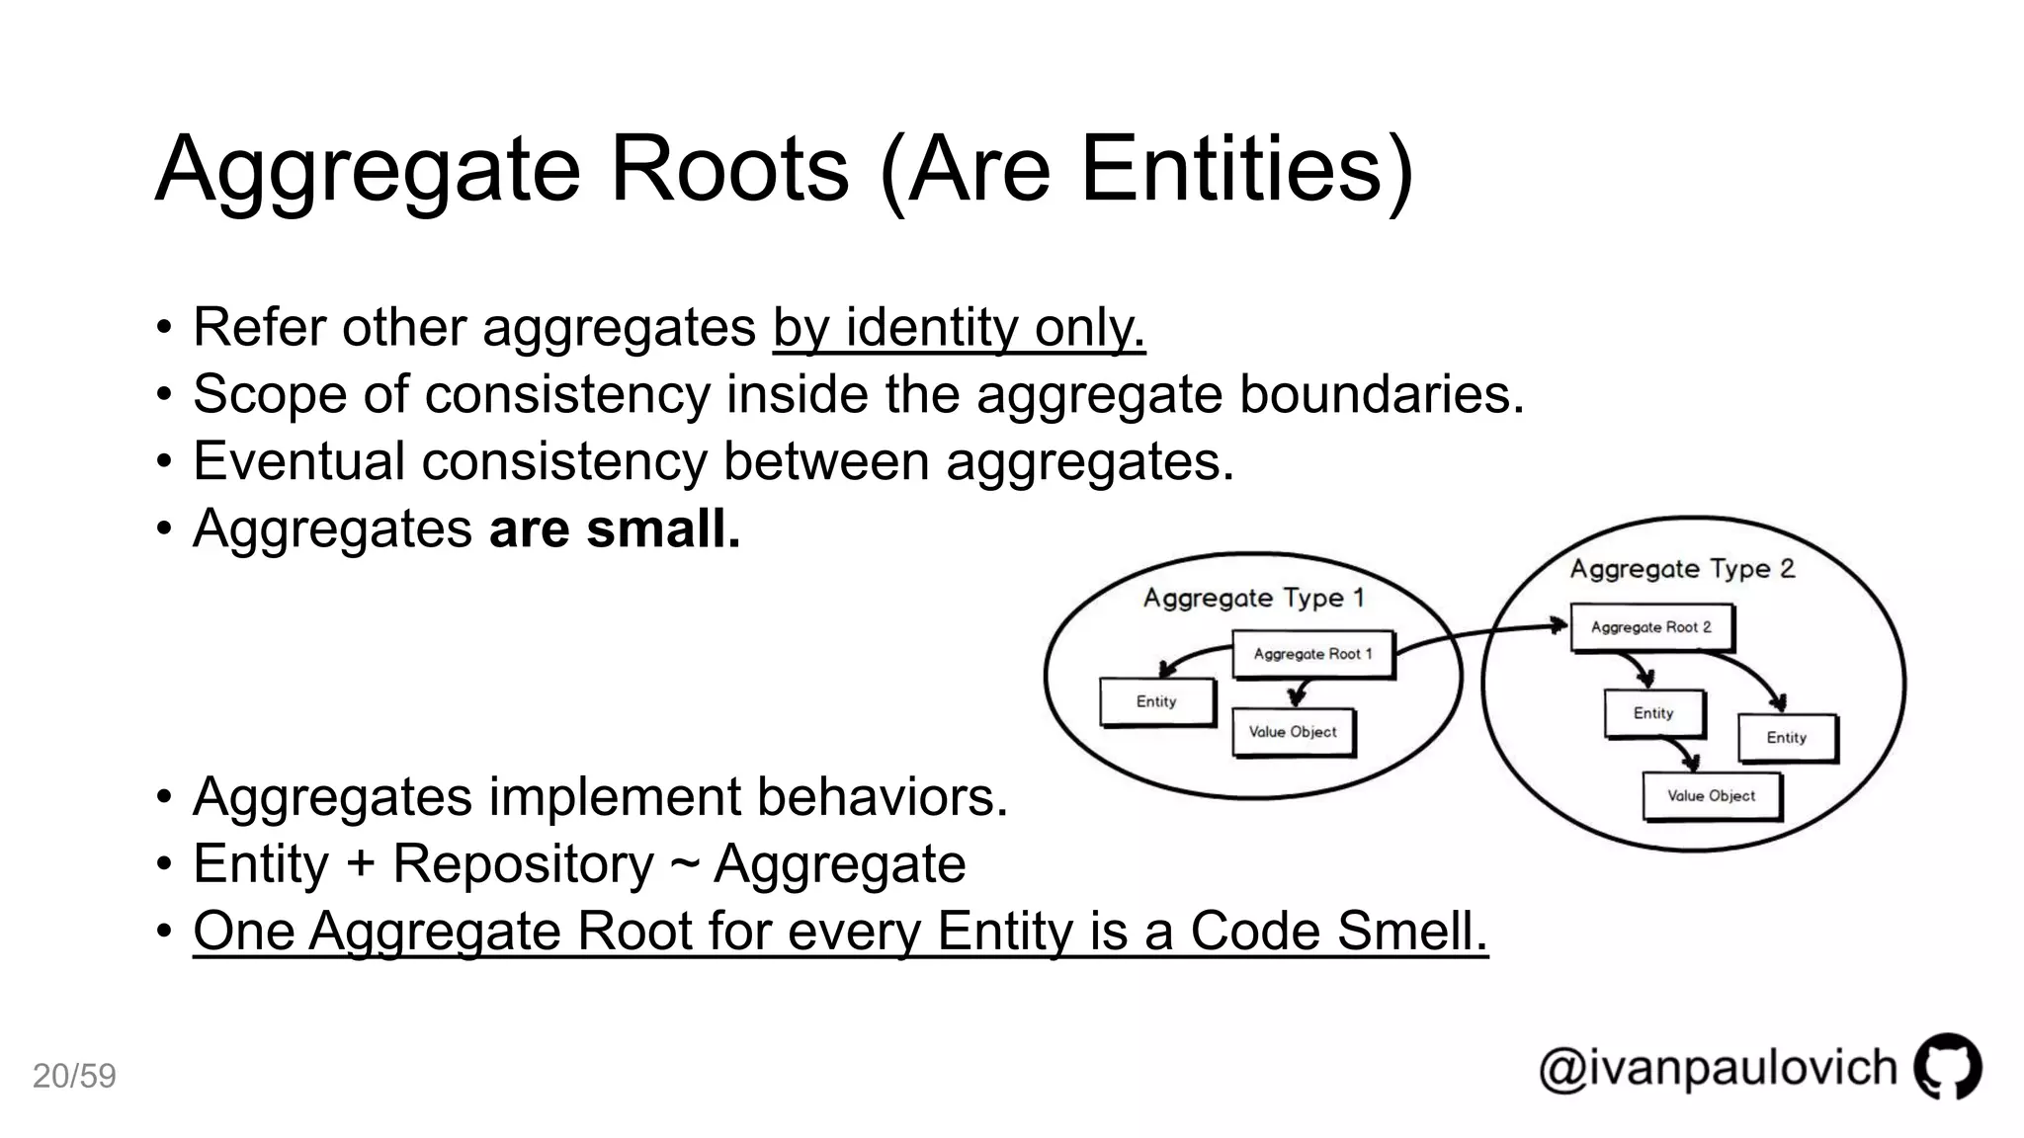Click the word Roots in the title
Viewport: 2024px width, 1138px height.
[729, 169]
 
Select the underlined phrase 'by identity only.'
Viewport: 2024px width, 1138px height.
[959, 327]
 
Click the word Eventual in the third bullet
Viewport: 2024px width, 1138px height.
[298, 461]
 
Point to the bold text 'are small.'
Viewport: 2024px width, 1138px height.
[615, 528]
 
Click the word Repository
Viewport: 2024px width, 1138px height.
[523, 864]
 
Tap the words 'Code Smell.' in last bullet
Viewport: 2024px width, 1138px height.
[1338, 931]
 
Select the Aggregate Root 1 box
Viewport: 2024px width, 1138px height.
[1312, 654]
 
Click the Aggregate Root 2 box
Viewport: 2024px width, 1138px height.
[1650, 627]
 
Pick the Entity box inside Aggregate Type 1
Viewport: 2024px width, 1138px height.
[1156, 701]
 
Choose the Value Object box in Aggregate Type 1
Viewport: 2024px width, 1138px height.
[1292, 732]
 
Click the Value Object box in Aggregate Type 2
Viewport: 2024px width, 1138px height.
[1711, 796]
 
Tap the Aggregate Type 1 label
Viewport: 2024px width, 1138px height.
[1253, 598]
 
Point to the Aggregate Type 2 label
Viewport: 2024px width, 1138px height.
[1682, 569]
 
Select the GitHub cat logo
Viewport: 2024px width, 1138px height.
[1948, 1066]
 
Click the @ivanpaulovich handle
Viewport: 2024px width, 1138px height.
[1718, 1068]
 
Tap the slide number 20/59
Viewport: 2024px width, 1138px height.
[74, 1076]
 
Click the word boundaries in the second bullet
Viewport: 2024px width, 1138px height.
[1382, 394]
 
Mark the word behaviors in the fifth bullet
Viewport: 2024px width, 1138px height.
[882, 797]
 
